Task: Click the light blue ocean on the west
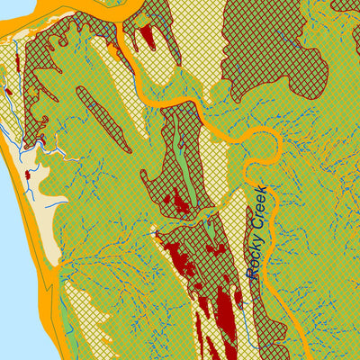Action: [11, 270]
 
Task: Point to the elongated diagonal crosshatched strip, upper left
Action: [105, 117]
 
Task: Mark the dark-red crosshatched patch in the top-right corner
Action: [346, 13]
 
